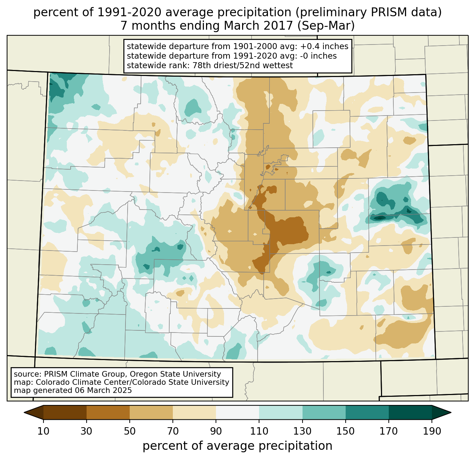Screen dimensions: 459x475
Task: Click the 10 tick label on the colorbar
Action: point(43,431)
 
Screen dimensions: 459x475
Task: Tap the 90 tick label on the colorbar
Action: point(216,431)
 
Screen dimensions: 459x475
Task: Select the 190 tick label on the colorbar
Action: point(432,431)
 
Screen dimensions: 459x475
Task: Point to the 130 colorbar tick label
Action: point(303,431)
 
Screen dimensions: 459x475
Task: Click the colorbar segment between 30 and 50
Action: point(108,412)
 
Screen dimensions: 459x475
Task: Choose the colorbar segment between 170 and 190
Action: point(410,412)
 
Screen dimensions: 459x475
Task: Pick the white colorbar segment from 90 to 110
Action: point(237,412)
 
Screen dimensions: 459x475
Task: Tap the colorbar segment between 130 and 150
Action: point(324,412)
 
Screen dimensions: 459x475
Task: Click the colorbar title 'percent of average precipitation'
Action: point(237,446)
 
